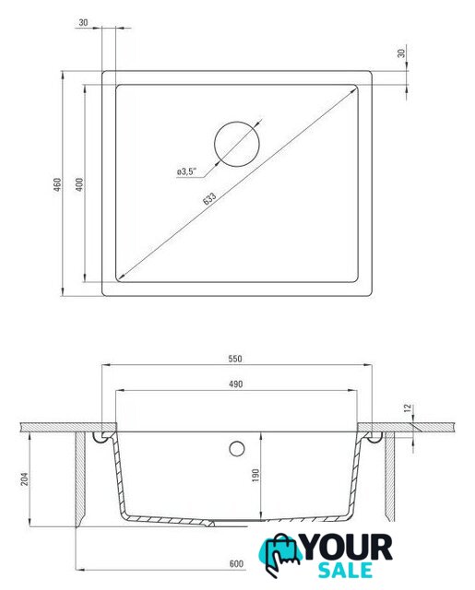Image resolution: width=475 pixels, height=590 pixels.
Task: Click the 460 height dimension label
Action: (57, 184)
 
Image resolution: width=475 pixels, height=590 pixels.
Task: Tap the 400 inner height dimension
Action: (79, 184)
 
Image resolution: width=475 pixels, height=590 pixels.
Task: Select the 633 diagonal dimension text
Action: (209, 198)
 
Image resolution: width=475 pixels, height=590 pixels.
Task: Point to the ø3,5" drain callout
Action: (186, 171)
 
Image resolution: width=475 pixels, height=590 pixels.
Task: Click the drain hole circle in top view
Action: (237, 144)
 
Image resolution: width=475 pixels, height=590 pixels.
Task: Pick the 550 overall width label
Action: (235, 359)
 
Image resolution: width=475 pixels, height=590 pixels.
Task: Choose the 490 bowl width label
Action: (236, 384)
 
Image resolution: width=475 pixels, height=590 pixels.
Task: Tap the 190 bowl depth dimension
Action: (255, 476)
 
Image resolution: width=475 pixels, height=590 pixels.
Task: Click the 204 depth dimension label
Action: (25, 478)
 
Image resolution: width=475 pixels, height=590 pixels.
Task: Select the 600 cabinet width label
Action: (236, 563)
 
